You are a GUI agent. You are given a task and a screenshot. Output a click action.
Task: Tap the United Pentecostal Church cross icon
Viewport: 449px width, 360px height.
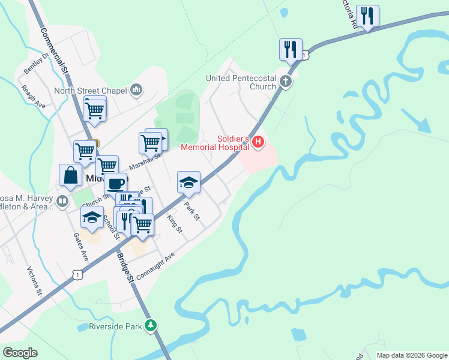pos(286,82)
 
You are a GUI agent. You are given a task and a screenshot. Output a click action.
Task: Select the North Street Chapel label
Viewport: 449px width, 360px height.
pos(91,91)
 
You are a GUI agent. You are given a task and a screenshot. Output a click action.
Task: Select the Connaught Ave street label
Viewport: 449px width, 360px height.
pos(155,266)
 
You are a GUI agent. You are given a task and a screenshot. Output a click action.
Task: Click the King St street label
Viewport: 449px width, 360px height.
pos(174,224)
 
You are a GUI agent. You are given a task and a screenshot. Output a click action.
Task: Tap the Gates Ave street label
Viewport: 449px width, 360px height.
pos(80,247)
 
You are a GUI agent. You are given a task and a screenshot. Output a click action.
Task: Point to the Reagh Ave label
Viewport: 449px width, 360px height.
pos(33,97)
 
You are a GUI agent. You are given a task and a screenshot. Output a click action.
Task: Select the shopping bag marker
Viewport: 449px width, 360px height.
pos(70,176)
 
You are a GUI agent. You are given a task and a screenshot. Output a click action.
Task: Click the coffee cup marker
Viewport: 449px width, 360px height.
pos(116,183)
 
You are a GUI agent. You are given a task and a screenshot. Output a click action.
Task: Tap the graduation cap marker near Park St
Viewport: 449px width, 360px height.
pos(188,182)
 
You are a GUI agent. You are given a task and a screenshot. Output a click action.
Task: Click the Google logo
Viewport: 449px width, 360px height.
pos(20,353)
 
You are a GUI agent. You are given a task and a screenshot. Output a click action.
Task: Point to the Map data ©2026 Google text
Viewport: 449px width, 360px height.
pos(412,355)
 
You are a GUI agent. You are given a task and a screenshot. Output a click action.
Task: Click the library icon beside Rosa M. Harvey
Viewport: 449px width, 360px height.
pos(62,201)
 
